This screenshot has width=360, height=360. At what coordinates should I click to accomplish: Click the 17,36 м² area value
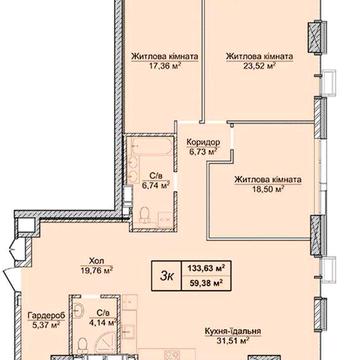click(x=165, y=66)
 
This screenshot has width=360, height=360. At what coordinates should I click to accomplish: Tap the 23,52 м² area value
click(x=259, y=66)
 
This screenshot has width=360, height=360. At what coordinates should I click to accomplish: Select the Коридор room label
click(x=203, y=142)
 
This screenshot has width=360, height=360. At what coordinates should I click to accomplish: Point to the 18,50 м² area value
click(x=268, y=189)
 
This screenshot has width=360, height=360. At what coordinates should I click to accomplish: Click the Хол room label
click(x=97, y=260)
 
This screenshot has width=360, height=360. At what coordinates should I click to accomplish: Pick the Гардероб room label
click(x=46, y=315)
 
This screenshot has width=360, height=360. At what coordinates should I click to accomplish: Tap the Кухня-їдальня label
click(x=233, y=331)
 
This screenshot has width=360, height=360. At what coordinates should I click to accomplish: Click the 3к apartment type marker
click(x=166, y=277)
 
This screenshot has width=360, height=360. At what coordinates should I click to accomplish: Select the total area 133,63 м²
click(x=206, y=268)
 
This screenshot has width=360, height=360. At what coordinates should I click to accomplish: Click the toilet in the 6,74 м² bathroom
click(x=145, y=214)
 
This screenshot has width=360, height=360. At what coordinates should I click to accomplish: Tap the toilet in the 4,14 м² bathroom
click(x=82, y=344)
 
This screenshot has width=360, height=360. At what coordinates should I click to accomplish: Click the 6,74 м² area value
click(x=156, y=185)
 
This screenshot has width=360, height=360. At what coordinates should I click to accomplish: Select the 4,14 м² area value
click(x=103, y=322)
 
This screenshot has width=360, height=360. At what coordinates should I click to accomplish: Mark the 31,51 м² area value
click(x=233, y=341)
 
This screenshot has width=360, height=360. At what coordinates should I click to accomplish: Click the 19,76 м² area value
click(x=97, y=269)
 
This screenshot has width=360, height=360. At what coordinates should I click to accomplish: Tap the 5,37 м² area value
click(x=46, y=324)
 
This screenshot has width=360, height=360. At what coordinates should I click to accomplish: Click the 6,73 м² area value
click(x=203, y=152)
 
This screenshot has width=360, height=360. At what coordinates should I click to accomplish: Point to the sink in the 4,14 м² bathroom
click(x=78, y=310)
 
